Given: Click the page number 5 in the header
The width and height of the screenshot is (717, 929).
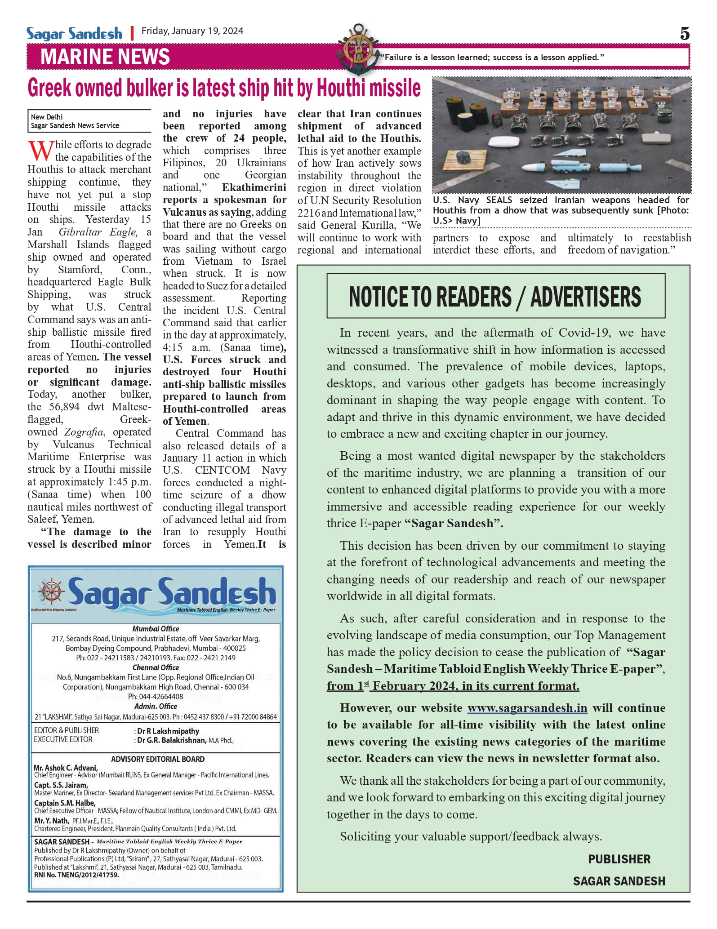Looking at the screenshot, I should coord(684,34).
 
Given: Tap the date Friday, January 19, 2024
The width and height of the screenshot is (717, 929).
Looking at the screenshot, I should coord(192,31).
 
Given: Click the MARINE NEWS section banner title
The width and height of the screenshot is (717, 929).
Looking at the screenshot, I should coord(105,57).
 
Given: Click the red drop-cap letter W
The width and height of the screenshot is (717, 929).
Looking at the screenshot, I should coord(40,151).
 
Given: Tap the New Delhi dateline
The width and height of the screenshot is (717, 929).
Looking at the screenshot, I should coord(47,117).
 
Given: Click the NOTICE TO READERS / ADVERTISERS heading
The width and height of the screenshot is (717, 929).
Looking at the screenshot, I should coord(495,297).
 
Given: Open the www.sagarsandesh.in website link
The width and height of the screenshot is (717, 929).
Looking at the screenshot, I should coord(527,708).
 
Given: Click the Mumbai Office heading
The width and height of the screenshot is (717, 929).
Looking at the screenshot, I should coord(156,629).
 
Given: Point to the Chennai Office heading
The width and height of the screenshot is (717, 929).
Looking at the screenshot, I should coord(156,667).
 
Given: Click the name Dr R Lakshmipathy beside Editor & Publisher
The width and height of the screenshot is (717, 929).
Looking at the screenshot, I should coord(168,731).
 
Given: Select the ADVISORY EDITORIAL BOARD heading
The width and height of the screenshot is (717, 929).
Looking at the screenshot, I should coord(158,759).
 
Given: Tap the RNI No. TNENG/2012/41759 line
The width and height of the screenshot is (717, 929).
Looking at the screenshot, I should coord(76,875).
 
